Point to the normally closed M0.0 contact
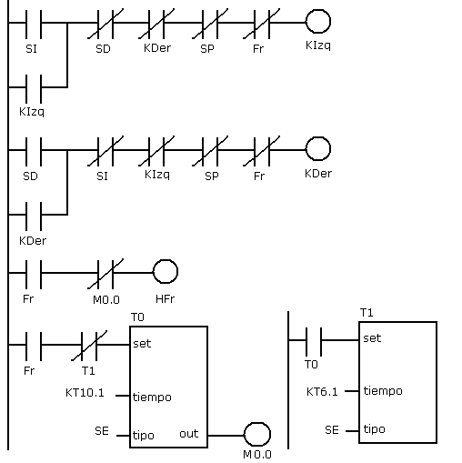click(105, 274)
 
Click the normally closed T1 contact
click(89, 346)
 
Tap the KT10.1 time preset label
click(85, 393)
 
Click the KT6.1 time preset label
click(322, 392)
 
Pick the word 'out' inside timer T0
click(189, 434)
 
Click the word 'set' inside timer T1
click(372, 338)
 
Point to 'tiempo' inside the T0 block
click(152, 398)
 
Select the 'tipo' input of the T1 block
click(374, 429)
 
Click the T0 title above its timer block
click(137, 317)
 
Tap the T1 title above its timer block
click(367, 313)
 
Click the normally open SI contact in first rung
click(34, 24)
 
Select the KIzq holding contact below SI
click(34, 88)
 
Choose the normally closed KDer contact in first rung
click(156, 24)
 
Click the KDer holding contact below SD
click(34, 216)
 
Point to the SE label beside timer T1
click(332, 430)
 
